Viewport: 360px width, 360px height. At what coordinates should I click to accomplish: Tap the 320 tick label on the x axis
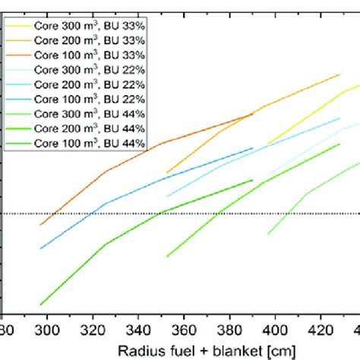tap(93, 330)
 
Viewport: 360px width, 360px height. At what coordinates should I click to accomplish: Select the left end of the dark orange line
tap(40, 226)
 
